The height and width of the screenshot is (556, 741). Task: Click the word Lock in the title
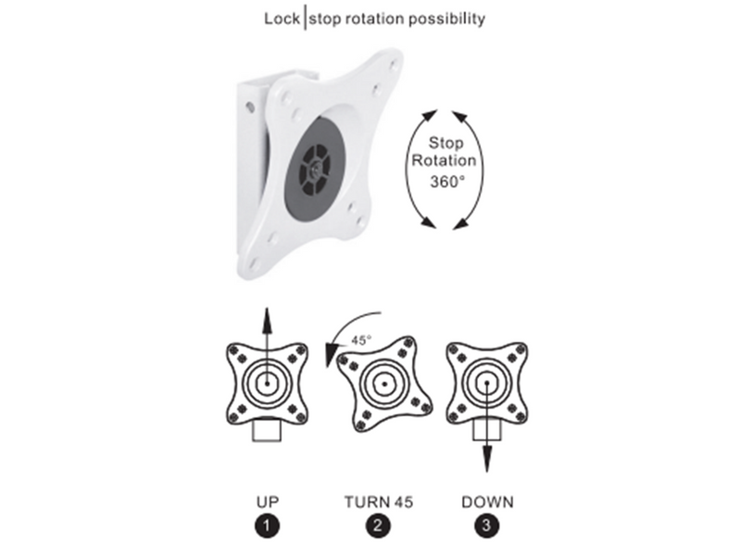pos(282,19)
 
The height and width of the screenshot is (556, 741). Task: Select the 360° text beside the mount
pos(447,182)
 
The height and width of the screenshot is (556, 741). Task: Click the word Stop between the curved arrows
pos(446,143)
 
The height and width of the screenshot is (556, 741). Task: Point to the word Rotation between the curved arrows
pos(444,160)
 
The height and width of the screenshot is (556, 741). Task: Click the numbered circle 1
pos(267,525)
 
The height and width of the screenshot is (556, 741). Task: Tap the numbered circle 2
pos(378,525)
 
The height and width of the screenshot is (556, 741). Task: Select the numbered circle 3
pos(487,525)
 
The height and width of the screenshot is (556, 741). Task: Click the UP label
pos(268,501)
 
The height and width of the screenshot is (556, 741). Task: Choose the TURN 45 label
pos(379,501)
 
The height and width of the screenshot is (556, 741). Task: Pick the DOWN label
pos(487,501)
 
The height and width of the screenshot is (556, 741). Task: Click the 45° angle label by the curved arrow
pos(361,340)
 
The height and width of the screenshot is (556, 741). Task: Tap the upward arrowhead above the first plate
pos(267,320)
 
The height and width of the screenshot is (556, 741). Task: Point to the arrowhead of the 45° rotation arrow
pos(331,355)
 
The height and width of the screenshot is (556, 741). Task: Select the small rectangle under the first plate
pos(267,431)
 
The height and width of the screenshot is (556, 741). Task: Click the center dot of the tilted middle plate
pos(384,384)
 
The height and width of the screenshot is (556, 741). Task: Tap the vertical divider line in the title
pos(305,19)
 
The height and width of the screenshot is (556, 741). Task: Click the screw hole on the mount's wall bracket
pos(250,107)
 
